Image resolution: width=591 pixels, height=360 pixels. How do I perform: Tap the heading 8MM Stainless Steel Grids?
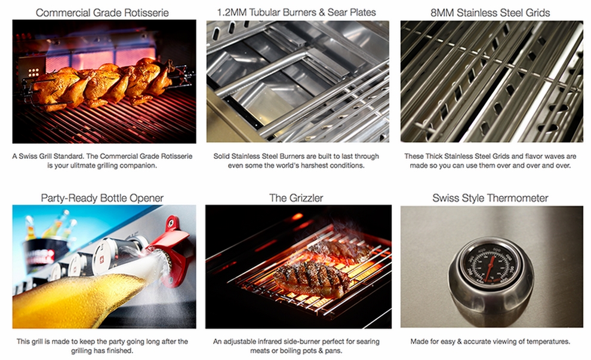[x=491, y=11]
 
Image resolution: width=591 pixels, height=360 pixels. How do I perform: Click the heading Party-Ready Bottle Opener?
[x=102, y=198]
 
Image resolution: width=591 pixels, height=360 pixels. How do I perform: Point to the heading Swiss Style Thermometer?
[x=491, y=198]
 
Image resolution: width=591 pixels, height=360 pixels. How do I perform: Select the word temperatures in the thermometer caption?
[x=547, y=341]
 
